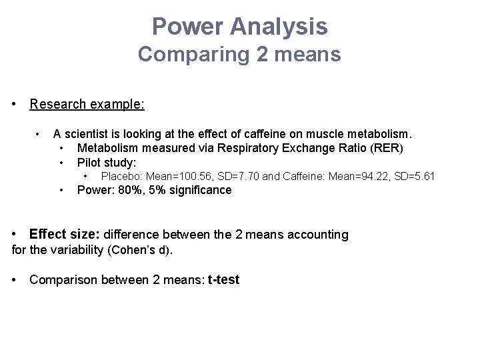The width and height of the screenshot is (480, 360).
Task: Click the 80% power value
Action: (x=127, y=191)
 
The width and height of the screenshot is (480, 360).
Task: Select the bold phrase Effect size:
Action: (x=64, y=235)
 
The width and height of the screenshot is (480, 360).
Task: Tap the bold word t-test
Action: (x=223, y=280)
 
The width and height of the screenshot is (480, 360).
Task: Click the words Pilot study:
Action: (x=107, y=163)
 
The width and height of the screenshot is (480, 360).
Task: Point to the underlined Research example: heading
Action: (x=87, y=105)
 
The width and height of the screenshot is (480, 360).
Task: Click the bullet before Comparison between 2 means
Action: (x=15, y=280)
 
